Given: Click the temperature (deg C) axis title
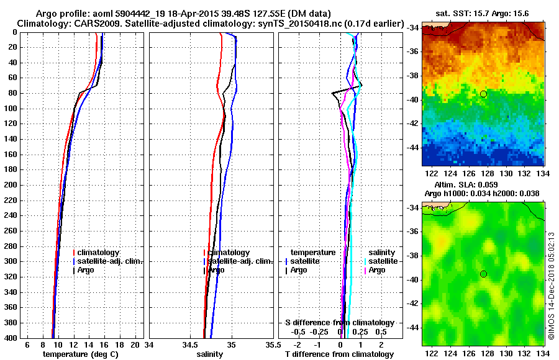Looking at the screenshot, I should [80, 354].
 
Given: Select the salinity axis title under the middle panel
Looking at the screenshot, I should [210, 354].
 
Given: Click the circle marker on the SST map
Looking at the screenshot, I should [483, 94].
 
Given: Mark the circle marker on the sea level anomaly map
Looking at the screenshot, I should [483, 274].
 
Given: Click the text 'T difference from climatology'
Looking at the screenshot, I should [339, 354].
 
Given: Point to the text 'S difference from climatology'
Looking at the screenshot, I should [339, 323].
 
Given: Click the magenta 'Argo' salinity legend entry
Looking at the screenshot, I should [376, 270].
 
